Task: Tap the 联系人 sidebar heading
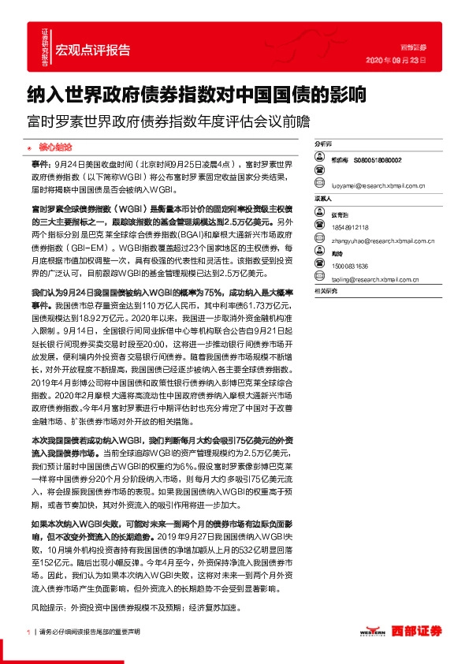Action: pyautogui.click(x=323, y=199)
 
